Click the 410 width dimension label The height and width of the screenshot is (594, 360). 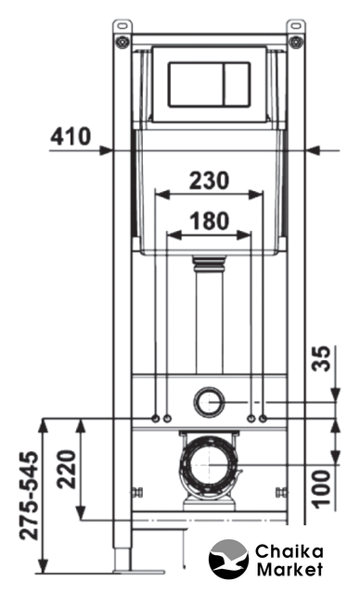71,136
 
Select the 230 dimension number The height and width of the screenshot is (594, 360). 210,180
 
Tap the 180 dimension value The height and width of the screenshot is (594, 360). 210,221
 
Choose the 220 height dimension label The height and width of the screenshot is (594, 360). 67,469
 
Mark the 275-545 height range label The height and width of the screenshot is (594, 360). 29,495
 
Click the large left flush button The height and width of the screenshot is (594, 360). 196,84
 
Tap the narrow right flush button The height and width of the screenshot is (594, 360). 237,84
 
